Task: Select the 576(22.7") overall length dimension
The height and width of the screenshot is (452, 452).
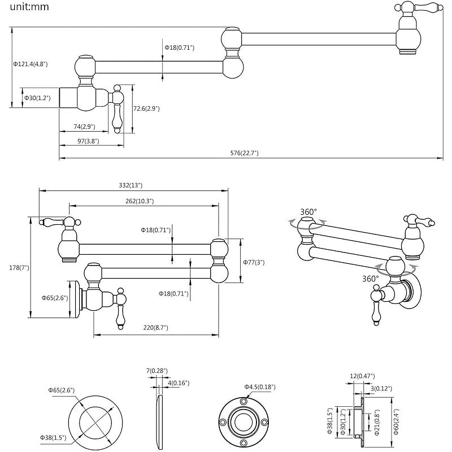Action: pos(241,153)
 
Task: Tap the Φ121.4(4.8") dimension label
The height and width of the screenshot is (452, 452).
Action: pos(31,64)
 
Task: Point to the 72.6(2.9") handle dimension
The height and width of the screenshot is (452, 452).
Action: pos(147,108)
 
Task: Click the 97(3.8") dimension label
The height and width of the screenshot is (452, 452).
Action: pos(88,141)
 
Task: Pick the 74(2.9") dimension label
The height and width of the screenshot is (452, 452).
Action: pos(84,127)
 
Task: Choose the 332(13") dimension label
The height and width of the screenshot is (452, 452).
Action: pos(131,185)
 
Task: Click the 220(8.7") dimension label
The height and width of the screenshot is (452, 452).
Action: pos(155,327)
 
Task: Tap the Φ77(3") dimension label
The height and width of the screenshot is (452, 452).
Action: pos(254,262)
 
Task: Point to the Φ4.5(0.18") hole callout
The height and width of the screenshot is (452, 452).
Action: pos(260,386)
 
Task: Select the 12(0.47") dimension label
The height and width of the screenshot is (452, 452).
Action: pos(362,376)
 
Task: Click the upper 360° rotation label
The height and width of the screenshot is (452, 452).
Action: pos(308,212)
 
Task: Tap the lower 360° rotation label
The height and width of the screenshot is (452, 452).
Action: pos(370,279)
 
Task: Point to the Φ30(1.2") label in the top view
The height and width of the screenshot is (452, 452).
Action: pos(37,98)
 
